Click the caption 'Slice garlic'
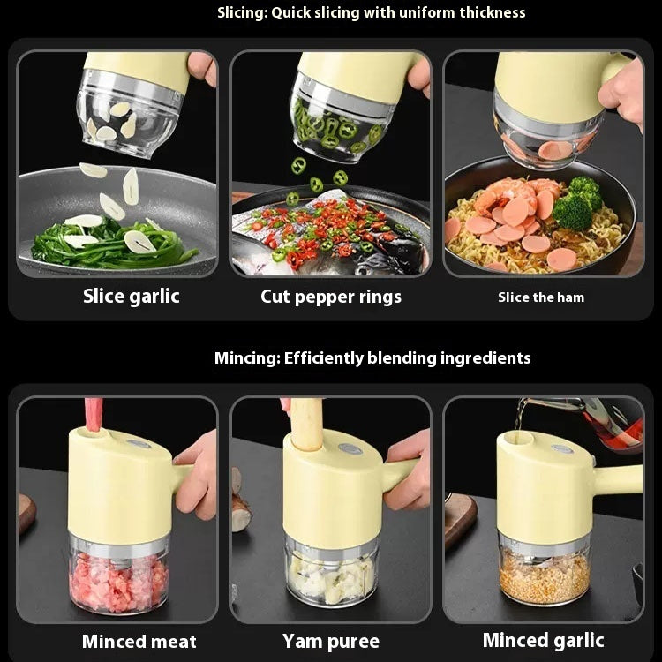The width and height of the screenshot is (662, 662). pyautogui.click(x=131, y=296)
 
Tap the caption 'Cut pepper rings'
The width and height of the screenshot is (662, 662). pyautogui.click(x=331, y=297)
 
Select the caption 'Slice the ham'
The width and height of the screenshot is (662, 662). pyautogui.click(x=540, y=297)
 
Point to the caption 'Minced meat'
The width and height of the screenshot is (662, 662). pyautogui.click(x=139, y=642)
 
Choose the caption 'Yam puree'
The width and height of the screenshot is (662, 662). pyautogui.click(x=331, y=642)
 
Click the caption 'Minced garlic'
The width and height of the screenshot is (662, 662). pyautogui.click(x=543, y=641)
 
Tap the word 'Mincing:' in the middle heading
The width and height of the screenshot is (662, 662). pyautogui.click(x=246, y=358)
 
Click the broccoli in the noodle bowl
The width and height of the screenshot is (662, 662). pyautogui.click(x=577, y=204)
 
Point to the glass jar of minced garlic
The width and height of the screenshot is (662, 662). pyautogui.click(x=544, y=574)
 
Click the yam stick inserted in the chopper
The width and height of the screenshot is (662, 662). pyautogui.click(x=306, y=424)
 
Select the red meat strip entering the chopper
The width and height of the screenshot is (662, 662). pyautogui.click(x=94, y=414)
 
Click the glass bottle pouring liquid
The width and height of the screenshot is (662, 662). pyautogui.click(x=609, y=419)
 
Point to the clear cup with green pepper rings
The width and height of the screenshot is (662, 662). pyautogui.click(x=340, y=128)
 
